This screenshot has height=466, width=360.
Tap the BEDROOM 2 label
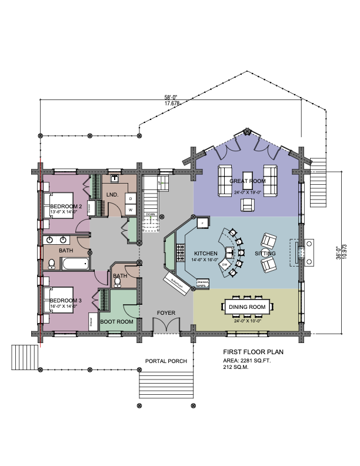[66, 205]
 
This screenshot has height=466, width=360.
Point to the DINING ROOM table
[252, 307]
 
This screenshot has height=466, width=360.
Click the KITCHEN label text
[206, 253]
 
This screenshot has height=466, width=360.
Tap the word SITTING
[265, 253]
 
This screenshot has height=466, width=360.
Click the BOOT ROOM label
[115, 321]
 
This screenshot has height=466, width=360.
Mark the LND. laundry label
[112, 195]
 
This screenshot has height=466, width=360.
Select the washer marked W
[131, 209]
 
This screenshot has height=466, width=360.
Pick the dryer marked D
[131, 198]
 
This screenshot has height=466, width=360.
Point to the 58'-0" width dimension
[171, 98]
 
